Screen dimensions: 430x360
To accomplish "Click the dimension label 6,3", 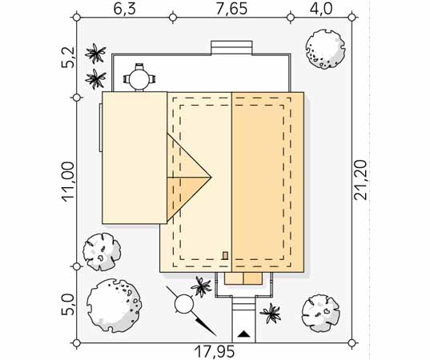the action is click(x=124, y=9).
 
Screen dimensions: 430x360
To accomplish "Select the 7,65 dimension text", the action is click(x=232, y=9).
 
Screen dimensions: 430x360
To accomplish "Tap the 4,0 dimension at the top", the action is click(x=321, y=9).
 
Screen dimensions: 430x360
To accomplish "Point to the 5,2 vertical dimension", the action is click(x=68, y=58).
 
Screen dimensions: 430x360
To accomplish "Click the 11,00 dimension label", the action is click(x=69, y=182).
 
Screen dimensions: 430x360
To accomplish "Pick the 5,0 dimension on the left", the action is click(x=68, y=304).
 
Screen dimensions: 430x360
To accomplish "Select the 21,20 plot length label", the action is click(x=360, y=180).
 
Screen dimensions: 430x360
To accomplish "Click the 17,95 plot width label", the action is click(x=215, y=351).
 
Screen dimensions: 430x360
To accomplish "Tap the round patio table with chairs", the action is click(x=139, y=79).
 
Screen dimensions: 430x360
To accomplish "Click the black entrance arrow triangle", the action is click(x=243, y=334).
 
